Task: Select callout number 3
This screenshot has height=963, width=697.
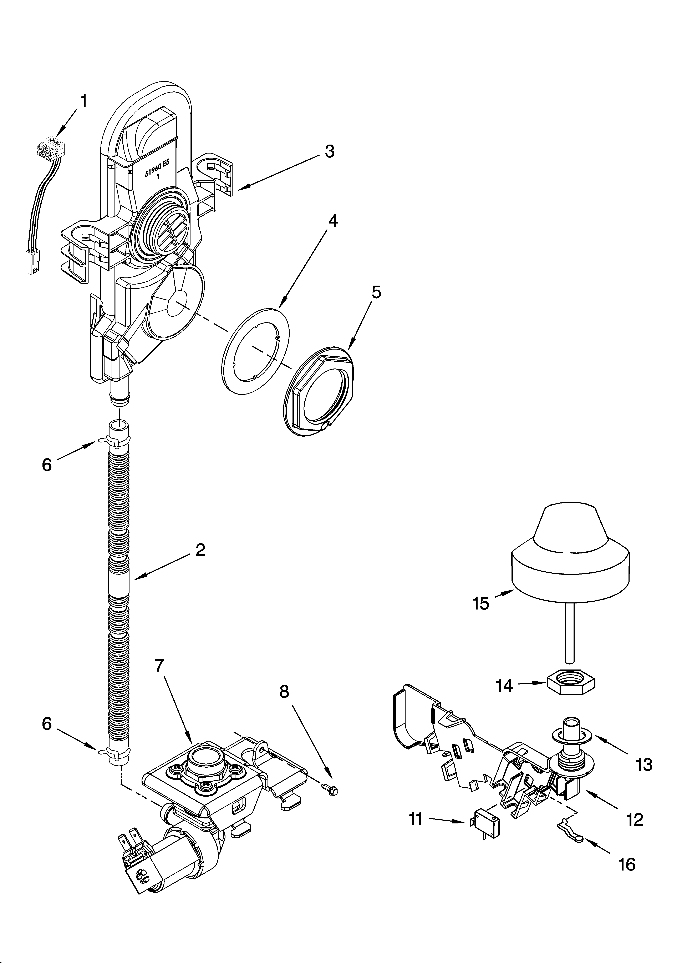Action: pos(329,151)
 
